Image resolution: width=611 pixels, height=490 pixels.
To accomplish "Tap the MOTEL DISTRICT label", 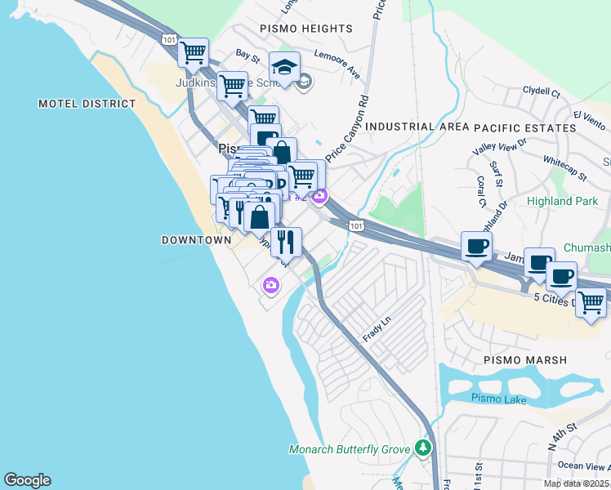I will (87, 105).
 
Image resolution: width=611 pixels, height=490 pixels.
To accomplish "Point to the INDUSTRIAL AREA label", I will (417, 127).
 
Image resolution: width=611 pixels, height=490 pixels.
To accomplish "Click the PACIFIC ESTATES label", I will (524, 128).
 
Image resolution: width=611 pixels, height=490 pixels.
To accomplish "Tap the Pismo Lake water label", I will (497, 398).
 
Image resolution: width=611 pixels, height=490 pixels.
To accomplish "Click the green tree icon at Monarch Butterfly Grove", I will (422, 448).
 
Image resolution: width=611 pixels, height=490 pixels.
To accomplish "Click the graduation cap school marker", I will (284, 67).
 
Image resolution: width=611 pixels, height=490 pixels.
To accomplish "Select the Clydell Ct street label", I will (541, 93).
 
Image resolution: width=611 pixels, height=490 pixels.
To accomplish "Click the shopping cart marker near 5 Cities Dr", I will (591, 302).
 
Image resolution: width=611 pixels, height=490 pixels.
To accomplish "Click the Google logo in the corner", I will (27, 480).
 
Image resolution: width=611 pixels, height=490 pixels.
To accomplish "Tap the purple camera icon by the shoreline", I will (270, 285).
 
